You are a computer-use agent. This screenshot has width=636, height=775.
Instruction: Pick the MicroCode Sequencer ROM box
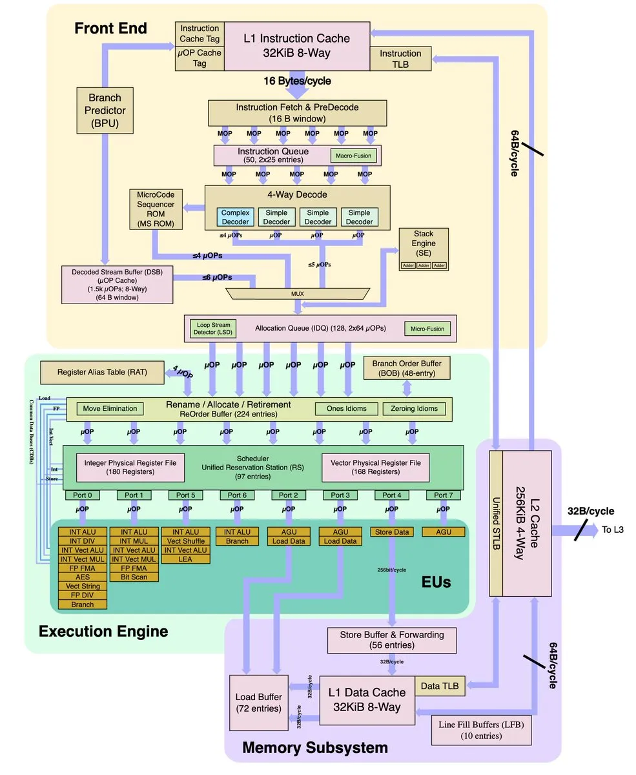click(156, 209)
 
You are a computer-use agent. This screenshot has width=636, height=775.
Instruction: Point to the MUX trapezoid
click(298, 293)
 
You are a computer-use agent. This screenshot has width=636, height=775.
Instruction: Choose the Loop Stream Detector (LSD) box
click(212, 329)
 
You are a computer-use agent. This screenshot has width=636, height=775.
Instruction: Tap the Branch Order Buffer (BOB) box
click(407, 368)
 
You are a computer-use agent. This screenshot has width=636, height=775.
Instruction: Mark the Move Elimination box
click(110, 408)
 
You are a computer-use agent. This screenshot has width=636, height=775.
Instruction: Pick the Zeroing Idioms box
click(414, 408)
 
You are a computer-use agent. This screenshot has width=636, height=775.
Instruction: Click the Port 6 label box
click(237, 495)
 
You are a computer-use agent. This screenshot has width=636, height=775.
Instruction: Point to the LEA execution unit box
click(185, 559)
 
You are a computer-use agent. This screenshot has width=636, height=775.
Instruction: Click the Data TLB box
click(440, 686)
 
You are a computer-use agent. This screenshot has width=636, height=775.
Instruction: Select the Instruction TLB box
click(400, 59)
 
